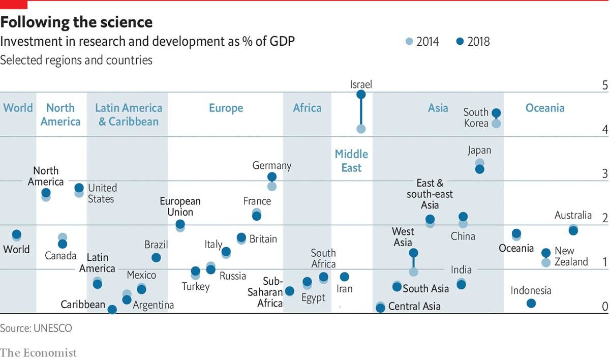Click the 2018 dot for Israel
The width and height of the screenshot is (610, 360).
click(361, 94)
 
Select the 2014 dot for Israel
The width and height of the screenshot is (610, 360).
click(361, 129)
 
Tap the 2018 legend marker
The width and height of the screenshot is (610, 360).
click(461, 42)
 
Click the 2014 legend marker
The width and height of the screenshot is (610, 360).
click(410, 42)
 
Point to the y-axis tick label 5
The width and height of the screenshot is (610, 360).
click(605, 85)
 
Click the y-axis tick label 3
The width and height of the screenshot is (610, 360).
click(605, 174)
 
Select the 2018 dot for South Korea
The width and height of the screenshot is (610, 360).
click(497, 113)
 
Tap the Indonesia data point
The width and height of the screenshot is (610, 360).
click(531, 303)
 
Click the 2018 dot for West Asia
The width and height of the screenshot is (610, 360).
click(413, 253)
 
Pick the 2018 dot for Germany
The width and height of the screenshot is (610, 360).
click(272, 177)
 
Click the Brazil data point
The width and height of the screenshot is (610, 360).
click(156, 258)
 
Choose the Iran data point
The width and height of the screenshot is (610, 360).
click(344, 277)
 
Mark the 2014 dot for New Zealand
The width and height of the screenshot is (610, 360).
click(546, 262)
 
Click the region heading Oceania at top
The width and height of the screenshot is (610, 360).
click(545, 108)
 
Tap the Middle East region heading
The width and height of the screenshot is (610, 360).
click(351, 161)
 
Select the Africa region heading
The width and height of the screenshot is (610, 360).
click(307, 108)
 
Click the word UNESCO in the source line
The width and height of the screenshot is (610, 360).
click(53, 328)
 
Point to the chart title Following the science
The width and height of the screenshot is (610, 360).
click(76, 22)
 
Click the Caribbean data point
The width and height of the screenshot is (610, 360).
click(112, 309)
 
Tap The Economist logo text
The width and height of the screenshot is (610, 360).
click(39, 352)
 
